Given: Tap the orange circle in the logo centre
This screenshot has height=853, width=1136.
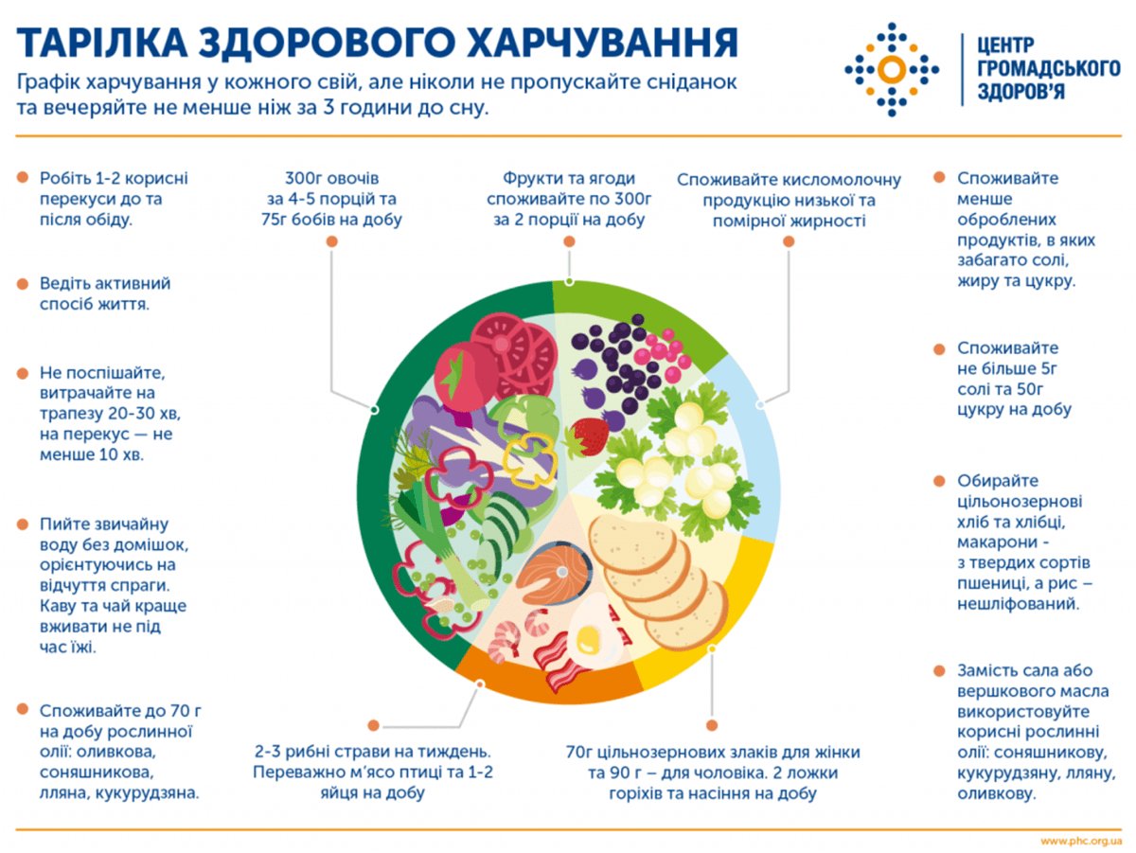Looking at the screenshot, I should pyautogui.click(x=891, y=68).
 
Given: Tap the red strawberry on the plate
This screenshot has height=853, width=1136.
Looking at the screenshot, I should pyautogui.click(x=589, y=436).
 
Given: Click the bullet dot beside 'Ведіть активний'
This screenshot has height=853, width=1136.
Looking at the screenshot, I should pyautogui.click(x=23, y=283).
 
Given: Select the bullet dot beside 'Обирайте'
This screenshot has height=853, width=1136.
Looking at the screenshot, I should pyautogui.click(x=939, y=481).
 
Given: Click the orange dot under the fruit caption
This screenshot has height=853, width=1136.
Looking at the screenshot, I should pyautogui.click(x=569, y=242).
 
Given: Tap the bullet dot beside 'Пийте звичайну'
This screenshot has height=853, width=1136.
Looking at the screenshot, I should pyautogui.click(x=23, y=523).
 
